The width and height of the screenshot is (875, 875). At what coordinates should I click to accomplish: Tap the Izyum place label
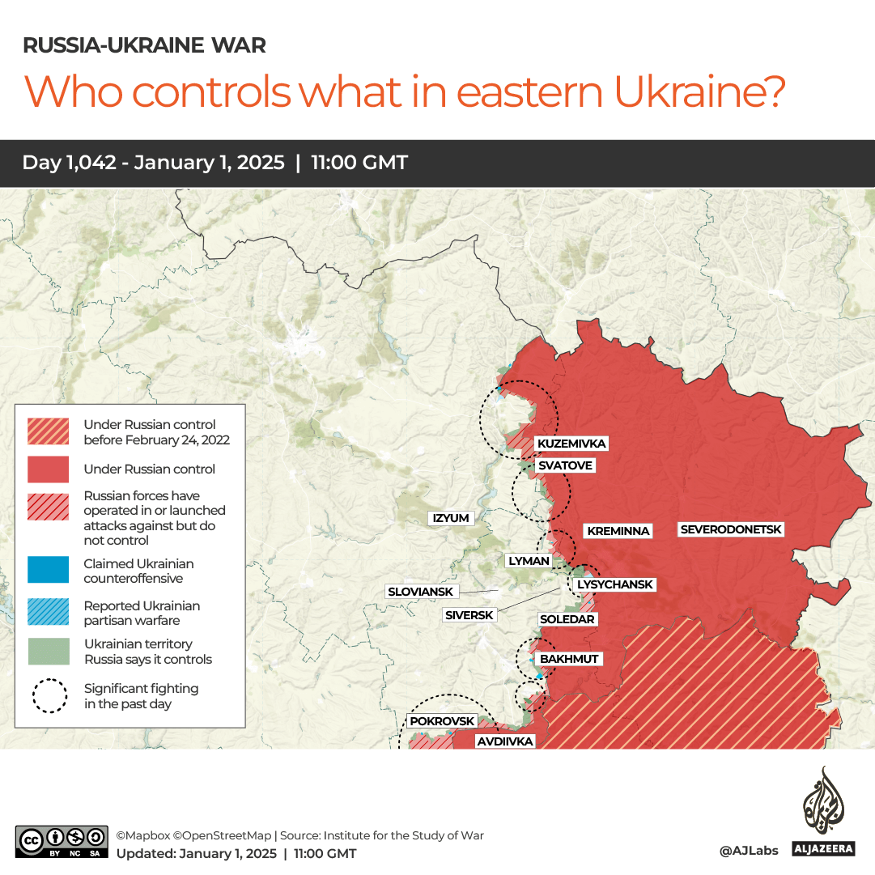click(x=451, y=518)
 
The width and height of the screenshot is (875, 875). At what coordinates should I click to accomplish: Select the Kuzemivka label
click(x=571, y=444)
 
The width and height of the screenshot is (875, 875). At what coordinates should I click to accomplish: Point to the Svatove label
click(x=567, y=465)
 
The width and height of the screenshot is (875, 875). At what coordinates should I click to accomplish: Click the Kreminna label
click(x=618, y=531)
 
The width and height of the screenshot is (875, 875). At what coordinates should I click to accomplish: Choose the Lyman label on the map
click(x=529, y=560)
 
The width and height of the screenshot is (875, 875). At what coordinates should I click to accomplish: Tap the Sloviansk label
click(x=420, y=592)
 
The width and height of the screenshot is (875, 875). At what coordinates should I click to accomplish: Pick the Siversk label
click(x=469, y=615)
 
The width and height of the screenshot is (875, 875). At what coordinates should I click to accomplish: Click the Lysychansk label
click(x=614, y=584)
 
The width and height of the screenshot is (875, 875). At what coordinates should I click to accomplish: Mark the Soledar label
click(x=567, y=619)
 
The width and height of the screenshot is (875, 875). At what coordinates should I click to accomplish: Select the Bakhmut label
click(x=569, y=659)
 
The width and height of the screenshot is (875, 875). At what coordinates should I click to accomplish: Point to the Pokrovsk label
click(x=442, y=720)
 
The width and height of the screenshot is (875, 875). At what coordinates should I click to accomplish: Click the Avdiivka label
click(x=504, y=741)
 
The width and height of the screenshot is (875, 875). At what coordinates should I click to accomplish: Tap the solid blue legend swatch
click(x=48, y=570)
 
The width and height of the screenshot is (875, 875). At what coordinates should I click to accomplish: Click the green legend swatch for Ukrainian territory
click(x=48, y=651)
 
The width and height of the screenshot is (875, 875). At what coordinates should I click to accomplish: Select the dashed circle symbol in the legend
click(x=50, y=695)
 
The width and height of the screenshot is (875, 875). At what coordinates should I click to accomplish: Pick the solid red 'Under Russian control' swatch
click(x=48, y=469)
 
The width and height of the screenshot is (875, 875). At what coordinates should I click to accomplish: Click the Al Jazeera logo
click(x=823, y=812)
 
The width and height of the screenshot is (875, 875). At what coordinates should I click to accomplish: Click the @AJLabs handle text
click(x=749, y=850)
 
